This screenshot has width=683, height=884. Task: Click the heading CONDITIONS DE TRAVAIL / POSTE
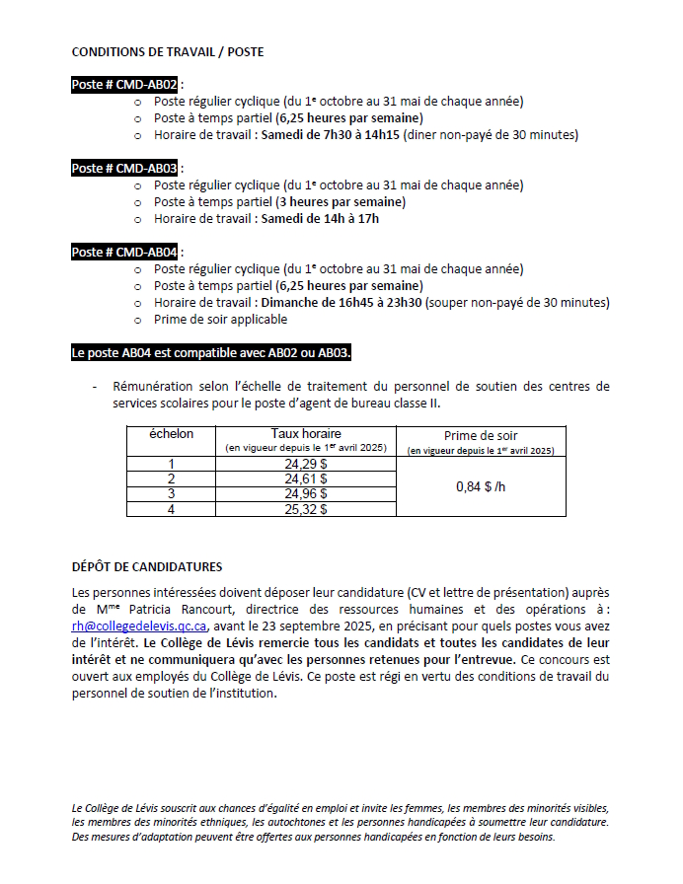tap(168, 51)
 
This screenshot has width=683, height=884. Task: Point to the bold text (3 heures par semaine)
tap(340, 201)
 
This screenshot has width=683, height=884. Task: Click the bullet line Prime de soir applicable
tap(220, 320)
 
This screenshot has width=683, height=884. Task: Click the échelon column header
tap(171, 434)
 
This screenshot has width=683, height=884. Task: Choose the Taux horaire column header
tap(305, 433)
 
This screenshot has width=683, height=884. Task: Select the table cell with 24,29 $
tap(305, 464)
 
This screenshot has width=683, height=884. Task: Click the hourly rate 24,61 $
tap(305, 479)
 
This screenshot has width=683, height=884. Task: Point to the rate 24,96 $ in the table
tap(305, 493)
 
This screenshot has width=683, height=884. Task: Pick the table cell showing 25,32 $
tap(305, 509)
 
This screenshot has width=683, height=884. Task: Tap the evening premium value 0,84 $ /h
tap(481, 486)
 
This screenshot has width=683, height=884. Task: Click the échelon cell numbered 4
tap(171, 509)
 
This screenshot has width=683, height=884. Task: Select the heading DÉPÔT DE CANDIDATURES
tap(147, 567)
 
